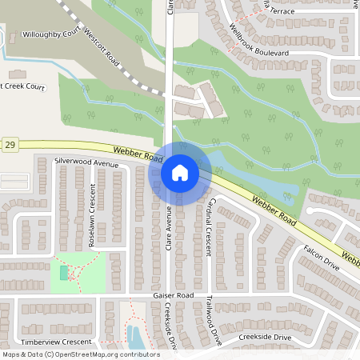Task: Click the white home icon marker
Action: (179, 173)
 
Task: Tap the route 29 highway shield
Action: (10, 145)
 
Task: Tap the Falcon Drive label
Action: (322, 258)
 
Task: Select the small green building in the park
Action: (64, 273)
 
